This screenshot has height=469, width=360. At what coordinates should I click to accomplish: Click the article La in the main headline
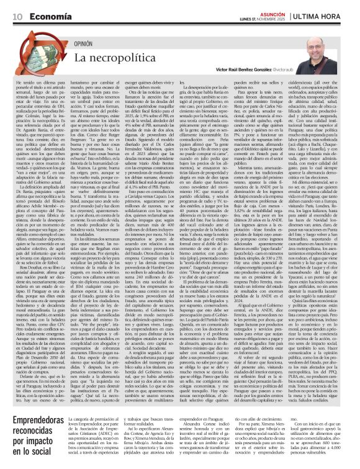coord(81,58)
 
